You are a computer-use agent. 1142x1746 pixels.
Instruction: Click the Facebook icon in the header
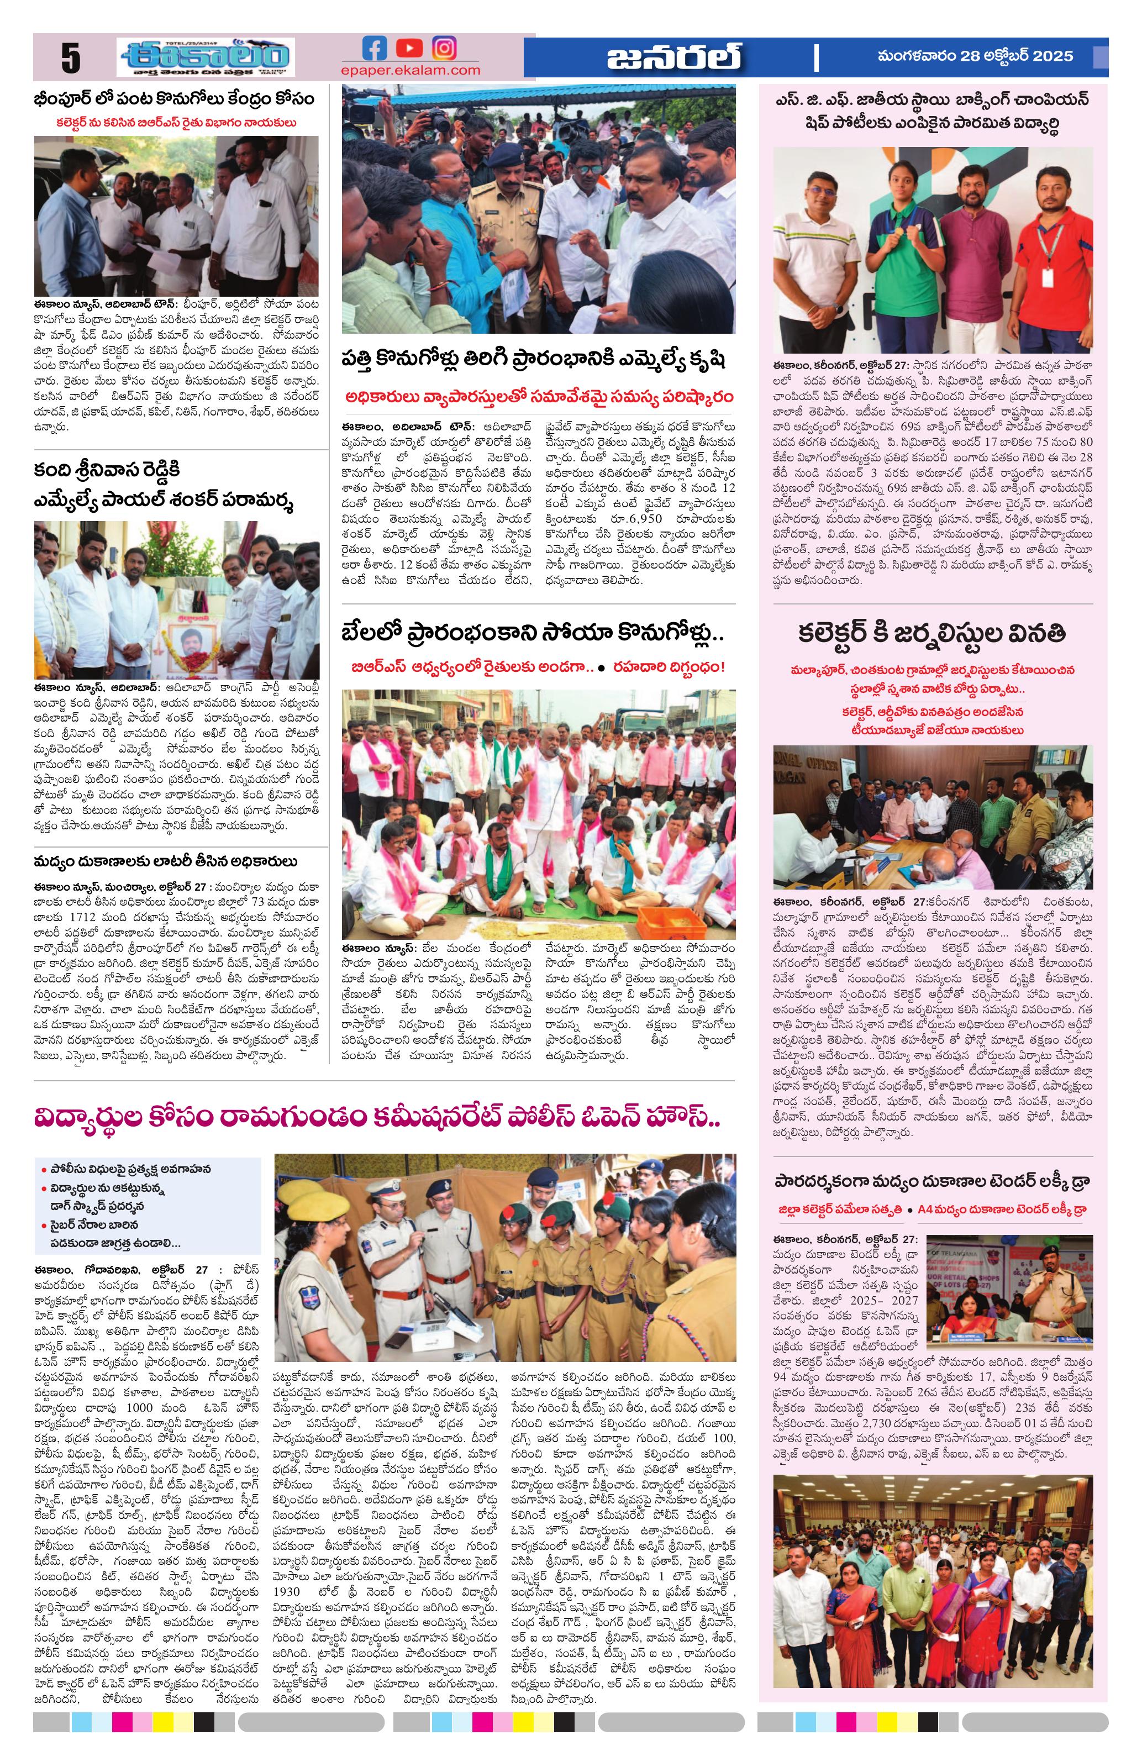tap(375, 49)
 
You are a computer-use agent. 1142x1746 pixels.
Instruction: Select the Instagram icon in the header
tap(444, 49)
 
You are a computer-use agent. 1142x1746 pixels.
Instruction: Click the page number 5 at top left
tap(70, 59)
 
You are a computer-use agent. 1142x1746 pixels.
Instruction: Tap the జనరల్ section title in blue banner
tap(673, 57)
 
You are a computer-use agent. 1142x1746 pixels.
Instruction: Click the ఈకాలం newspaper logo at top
tap(206, 57)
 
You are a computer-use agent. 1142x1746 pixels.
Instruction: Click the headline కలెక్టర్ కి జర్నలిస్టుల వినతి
tap(932, 634)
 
